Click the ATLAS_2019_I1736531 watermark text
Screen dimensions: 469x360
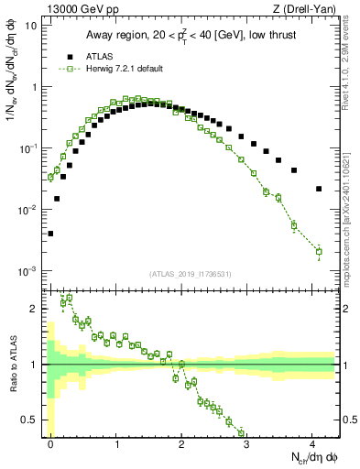coord(189,274)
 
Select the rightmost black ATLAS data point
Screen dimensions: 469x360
coord(318,189)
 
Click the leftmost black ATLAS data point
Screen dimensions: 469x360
coord(50,234)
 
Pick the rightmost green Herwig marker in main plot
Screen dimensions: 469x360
coord(318,251)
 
